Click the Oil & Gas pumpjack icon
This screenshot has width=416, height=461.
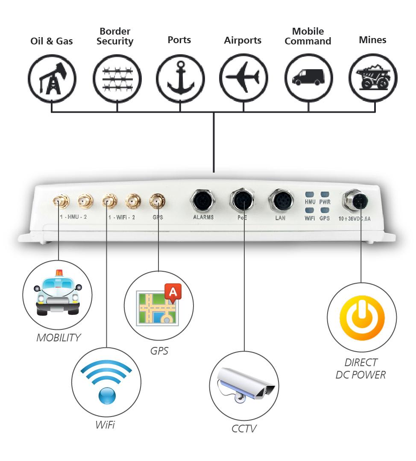52,78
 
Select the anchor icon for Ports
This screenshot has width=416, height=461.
180,78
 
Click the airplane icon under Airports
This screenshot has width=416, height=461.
243,77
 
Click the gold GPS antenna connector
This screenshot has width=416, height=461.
158,200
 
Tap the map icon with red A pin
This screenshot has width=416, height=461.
159,305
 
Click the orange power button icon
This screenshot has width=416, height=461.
362,317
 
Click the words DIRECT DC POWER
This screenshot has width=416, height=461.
360,369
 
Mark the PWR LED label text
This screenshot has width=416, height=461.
325,201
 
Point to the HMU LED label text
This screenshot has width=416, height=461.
310,201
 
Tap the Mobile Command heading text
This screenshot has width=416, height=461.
308,36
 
